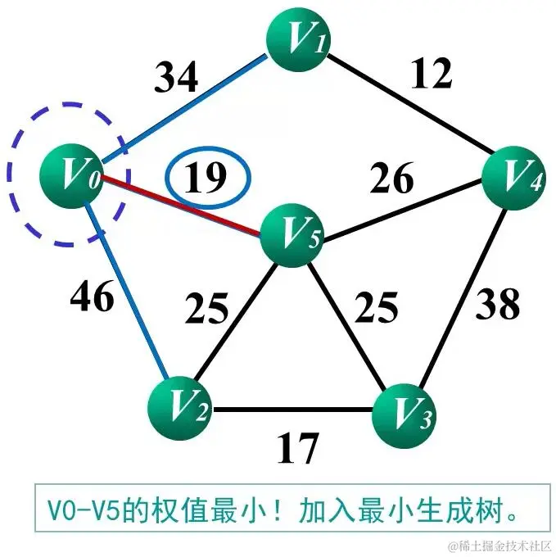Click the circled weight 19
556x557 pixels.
pos(208,176)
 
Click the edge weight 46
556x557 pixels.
pos(91,298)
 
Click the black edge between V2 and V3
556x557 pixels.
pos(292,410)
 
